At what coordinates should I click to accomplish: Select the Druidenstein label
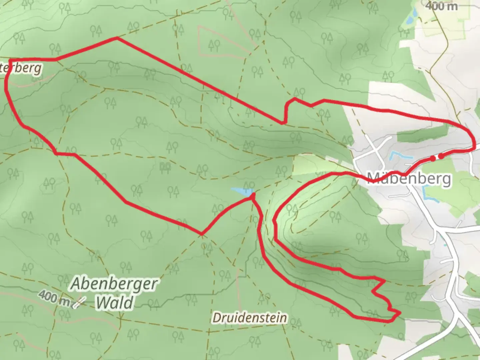pyautogui.click(x=250, y=318)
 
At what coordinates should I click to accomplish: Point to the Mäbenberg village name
pyautogui.click(x=409, y=179)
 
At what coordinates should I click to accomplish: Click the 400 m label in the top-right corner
pyautogui.click(x=441, y=6)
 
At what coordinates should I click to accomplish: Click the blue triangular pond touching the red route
pyautogui.click(x=242, y=191)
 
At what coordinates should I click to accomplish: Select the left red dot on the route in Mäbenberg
pyautogui.click(x=433, y=158)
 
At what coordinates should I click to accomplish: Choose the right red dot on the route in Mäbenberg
pyautogui.click(x=441, y=156)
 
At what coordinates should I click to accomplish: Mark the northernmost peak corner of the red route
pyautogui.click(x=117, y=38)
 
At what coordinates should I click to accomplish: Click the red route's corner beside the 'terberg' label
pyautogui.click(x=10, y=61)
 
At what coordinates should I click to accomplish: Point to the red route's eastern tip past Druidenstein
pyautogui.click(x=399, y=313)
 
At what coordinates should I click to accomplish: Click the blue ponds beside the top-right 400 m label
pyautogui.click(x=410, y=17)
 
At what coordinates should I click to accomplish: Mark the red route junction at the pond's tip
pyautogui.click(x=252, y=197)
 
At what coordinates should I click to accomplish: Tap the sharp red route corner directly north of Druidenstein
pyautogui.click(x=202, y=234)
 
